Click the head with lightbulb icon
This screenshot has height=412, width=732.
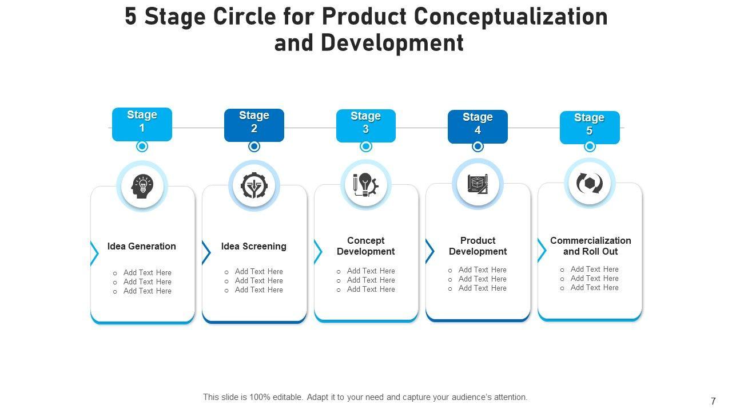[x=142, y=187]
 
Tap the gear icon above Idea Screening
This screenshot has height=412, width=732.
[x=253, y=186]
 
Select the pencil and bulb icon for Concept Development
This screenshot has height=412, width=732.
[x=365, y=185]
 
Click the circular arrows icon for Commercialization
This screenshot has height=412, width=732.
[x=590, y=183]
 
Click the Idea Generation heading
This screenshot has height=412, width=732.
[x=142, y=247]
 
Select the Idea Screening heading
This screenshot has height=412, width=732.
[x=254, y=247]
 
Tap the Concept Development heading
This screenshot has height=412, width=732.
[x=366, y=246]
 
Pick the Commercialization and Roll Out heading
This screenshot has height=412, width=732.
[x=590, y=246]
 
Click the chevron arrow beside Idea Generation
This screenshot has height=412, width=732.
[x=94, y=253]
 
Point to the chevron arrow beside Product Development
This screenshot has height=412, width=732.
[x=429, y=251]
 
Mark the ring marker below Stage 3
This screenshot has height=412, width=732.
[x=366, y=146]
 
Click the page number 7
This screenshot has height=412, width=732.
[x=713, y=401]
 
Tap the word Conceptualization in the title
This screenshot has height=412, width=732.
[x=511, y=17]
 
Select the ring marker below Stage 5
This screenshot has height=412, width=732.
[x=590, y=146]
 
